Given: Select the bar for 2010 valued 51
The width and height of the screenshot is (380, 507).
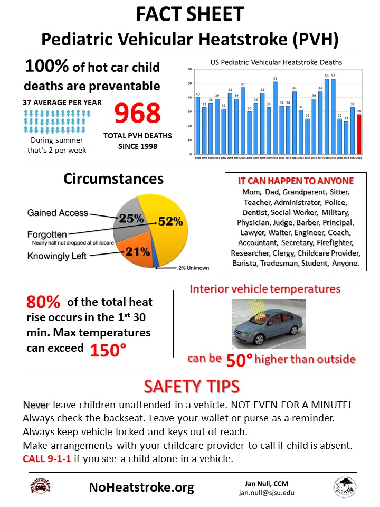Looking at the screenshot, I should (x=275, y=118).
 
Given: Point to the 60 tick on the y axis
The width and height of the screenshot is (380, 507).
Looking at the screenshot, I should (x=189, y=69).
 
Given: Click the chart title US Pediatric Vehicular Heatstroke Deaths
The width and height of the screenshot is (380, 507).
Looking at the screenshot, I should (x=276, y=62).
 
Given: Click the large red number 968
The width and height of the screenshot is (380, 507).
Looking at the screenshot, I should (x=137, y=113).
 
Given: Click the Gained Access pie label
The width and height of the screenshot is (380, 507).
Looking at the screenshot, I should (x=58, y=213).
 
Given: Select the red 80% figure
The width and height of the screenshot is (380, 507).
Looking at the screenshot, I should (x=44, y=303).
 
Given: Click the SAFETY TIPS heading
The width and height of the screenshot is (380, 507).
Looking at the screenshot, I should (x=192, y=387).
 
